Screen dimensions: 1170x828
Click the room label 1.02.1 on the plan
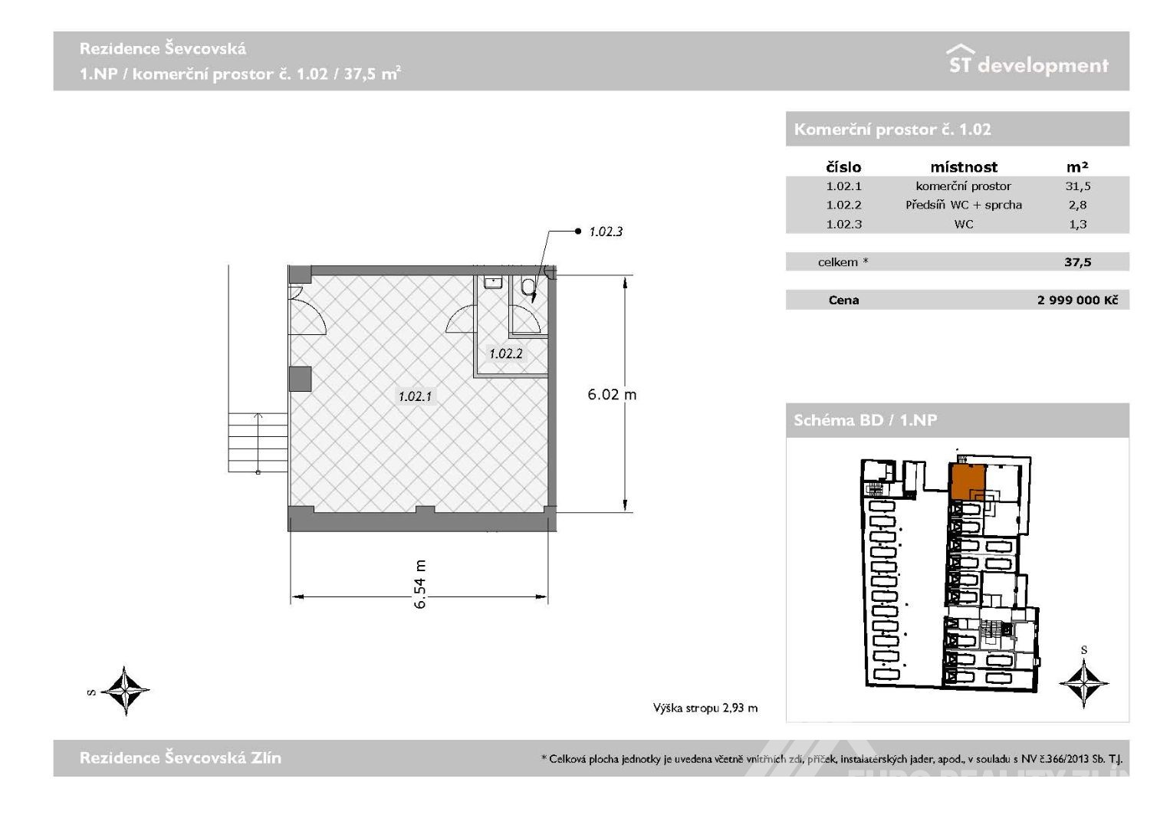tap(416, 396)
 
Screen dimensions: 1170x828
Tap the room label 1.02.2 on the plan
tap(505, 353)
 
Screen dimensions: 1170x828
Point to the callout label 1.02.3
tap(606, 232)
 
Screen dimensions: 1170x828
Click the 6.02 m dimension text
tap(612, 394)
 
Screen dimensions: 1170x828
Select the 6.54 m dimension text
tap(420, 584)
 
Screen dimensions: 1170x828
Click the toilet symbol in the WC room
tap(528, 287)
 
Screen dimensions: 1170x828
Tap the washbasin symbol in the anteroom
tap(492, 283)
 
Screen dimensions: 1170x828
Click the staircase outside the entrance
tap(258, 443)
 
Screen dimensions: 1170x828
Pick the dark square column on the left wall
tap(301, 379)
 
